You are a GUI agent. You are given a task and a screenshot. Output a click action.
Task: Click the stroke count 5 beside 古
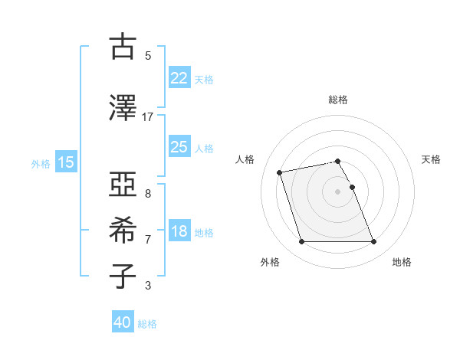147,56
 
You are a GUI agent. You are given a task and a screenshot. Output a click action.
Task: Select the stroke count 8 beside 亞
147,194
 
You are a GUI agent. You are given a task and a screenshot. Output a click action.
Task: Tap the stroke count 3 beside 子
147,286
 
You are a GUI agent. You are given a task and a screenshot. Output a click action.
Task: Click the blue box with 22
179,78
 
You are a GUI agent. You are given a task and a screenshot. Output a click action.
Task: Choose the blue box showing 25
179,147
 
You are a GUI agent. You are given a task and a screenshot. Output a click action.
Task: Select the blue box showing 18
179,231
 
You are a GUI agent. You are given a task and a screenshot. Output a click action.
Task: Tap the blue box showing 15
65,162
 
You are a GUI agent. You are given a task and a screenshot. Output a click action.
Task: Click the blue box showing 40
123,323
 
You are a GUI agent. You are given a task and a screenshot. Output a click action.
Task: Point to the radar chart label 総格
338,100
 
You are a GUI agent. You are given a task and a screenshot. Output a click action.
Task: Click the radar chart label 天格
431,159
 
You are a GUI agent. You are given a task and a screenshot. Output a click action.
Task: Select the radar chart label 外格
270,262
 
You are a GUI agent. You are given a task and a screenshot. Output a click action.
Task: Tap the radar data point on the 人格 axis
280,172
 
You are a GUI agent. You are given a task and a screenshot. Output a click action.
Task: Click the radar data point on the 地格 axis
373,242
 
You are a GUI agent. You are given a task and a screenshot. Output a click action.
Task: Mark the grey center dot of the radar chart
338,191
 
